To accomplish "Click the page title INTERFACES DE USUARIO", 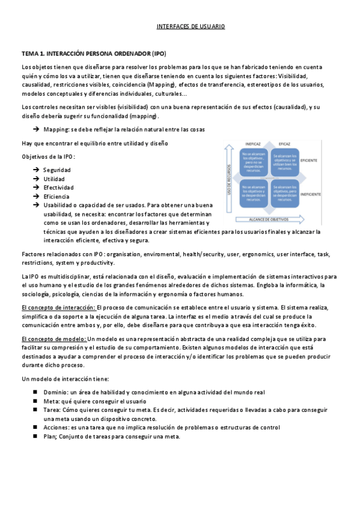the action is (x=191, y=27).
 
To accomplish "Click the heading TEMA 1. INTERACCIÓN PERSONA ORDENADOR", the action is (x=94, y=54).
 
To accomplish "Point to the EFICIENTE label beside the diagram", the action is (x=310, y=161).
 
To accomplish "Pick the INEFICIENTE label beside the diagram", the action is (x=311, y=194).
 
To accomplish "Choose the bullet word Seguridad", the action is (x=57, y=170).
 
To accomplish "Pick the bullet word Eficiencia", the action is (x=56, y=197).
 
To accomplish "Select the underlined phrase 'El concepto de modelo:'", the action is (x=54, y=339).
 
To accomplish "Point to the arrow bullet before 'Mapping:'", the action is (x=37, y=129).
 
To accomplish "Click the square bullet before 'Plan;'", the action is (x=36, y=437).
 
